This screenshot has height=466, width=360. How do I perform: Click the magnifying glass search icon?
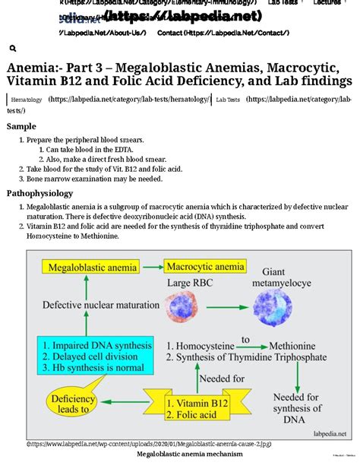(x=13, y=49)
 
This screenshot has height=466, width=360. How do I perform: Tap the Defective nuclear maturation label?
(x=93, y=306)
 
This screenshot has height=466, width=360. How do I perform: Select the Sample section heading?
(x=21, y=126)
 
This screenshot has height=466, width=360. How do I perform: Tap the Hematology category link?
(x=27, y=100)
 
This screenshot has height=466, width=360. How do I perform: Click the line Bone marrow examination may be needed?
(x=94, y=179)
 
